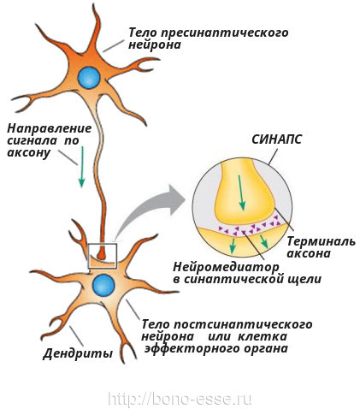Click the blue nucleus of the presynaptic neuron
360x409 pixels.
[89, 78]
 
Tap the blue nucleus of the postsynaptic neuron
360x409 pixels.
[103, 286]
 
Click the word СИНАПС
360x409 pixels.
[276, 139]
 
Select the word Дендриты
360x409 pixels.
[78, 354]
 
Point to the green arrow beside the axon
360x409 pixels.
[82, 167]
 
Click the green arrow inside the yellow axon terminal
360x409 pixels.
[241, 193]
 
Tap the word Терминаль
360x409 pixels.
[321, 241]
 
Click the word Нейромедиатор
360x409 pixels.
[226, 267]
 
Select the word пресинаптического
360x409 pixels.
[224, 33]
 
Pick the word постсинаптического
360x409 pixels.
[243, 324]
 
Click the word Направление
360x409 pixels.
[50, 128]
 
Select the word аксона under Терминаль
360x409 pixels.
[309, 253]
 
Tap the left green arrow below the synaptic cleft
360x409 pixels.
[233, 246]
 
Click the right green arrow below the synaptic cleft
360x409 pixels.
[263, 241]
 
